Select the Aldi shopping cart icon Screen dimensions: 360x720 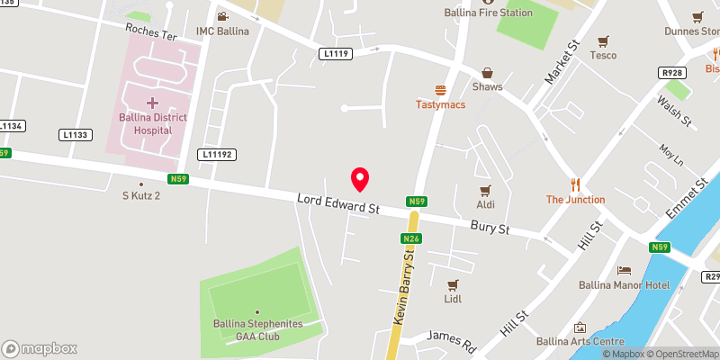(485, 190)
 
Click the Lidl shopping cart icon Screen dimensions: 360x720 (453, 284)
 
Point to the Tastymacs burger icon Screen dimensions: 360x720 (440, 89)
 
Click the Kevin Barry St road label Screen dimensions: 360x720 (401, 289)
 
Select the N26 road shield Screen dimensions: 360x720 (411, 238)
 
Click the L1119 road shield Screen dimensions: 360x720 (336, 55)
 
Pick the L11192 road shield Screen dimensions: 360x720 (218, 155)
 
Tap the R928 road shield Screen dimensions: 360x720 (671, 72)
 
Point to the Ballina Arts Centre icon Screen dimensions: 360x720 (580, 328)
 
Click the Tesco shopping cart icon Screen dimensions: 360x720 (603, 40)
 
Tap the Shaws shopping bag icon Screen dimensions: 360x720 (487, 72)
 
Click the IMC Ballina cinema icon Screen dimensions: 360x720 (222, 16)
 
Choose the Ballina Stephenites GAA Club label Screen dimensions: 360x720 (257, 329)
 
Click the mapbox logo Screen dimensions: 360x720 (38, 347)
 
